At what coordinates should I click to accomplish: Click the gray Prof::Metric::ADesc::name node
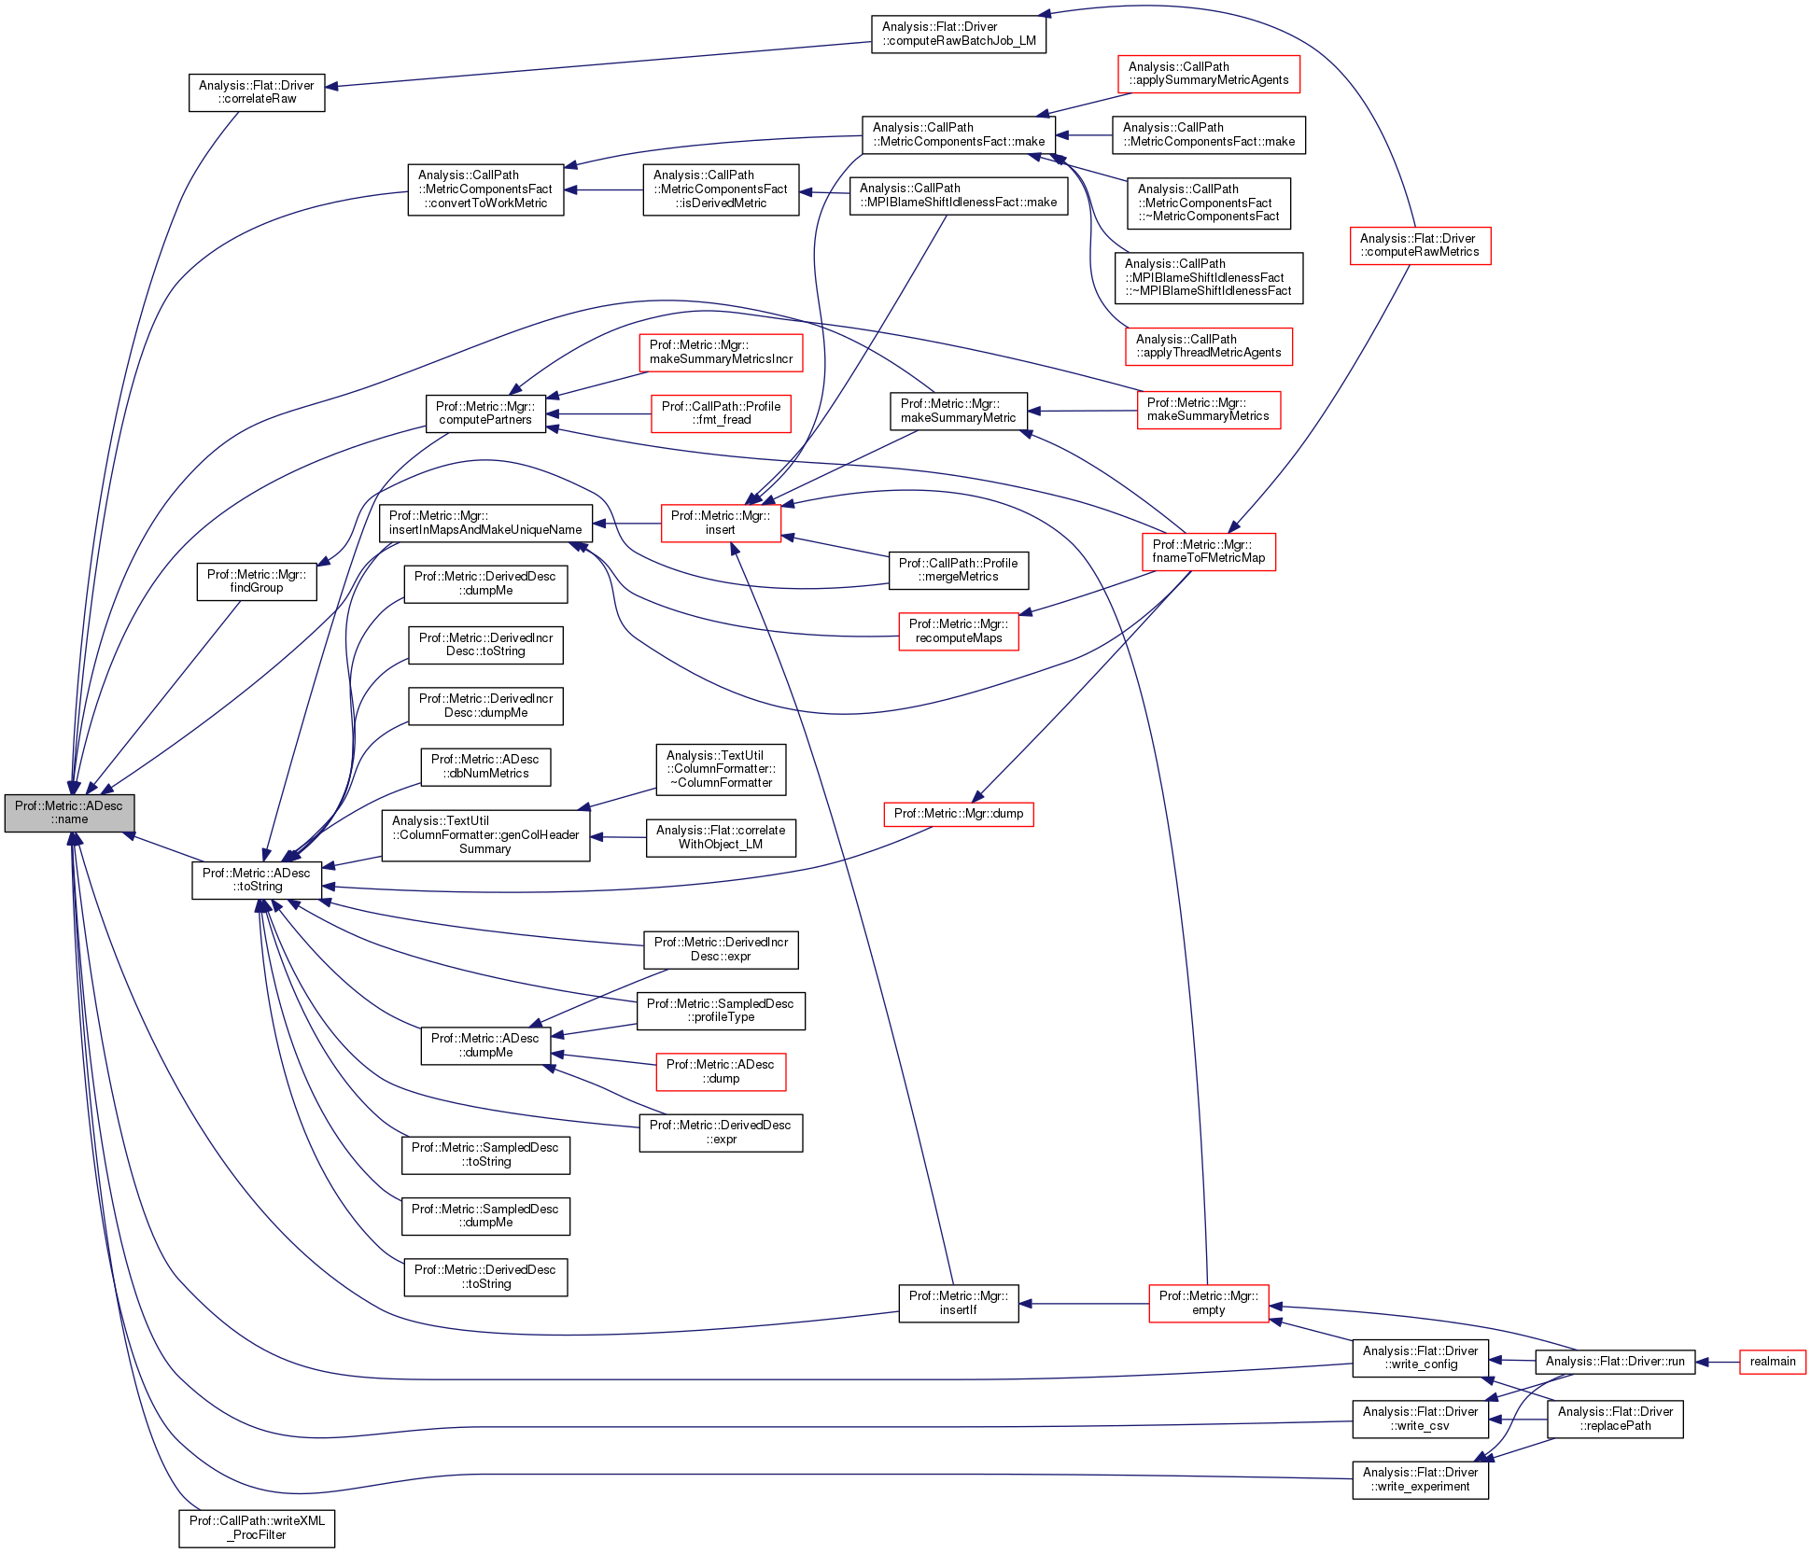pos(69,812)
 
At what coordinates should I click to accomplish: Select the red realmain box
pos(1772,1361)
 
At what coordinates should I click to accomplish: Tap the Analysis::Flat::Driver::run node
pos(1615,1361)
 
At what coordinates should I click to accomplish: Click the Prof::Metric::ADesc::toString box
pos(257,879)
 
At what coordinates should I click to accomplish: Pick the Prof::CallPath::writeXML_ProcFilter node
pos(257,1527)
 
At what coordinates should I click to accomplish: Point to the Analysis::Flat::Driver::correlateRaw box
pos(257,91)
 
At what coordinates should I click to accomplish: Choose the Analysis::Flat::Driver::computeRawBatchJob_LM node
pos(959,34)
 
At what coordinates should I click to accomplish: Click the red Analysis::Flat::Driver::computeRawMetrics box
pos(1420,245)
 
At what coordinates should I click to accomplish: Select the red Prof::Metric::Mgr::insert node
pos(721,523)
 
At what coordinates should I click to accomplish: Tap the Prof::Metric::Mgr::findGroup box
pos(257,581)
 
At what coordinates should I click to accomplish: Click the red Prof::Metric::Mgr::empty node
pos(1208,1303)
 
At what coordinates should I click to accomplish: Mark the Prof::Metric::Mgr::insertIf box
pos(959,1303)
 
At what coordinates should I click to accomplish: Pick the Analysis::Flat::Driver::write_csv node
pos(1420,1419)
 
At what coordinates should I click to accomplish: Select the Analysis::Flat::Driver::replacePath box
pos(1615,1419)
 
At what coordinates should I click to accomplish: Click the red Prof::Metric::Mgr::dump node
pos(959,813)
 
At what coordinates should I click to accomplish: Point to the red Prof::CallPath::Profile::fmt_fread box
pos(721,413)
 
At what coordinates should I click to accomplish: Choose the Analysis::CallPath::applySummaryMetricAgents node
pos(1208,73)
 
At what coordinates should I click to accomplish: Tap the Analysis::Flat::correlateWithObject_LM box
pos(721,837)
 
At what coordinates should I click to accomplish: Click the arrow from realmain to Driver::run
pos(1718,1362)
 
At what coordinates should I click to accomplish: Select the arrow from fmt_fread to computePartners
pos(598,413)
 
